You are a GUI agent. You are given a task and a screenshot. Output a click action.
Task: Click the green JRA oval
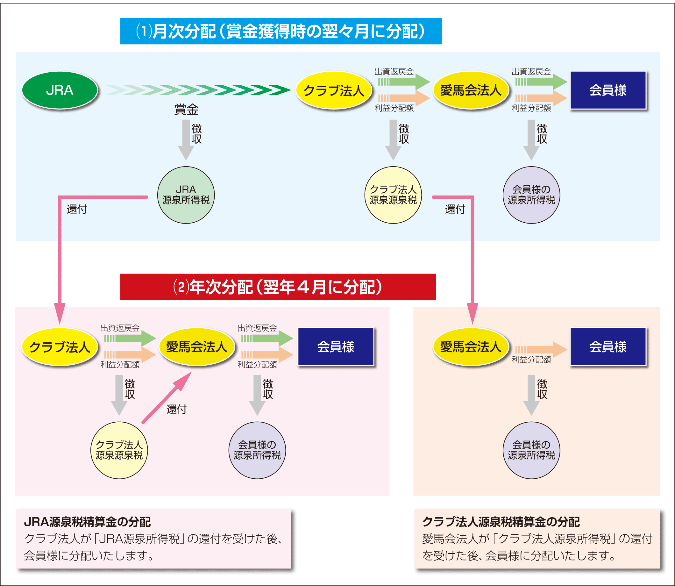pyautogui.click(x=60, y=90)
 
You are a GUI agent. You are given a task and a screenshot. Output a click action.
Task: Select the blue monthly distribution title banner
pyautogui.click(x=281, y=31)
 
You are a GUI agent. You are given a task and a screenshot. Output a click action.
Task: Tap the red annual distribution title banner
pyautogui.click(x=278, y=287)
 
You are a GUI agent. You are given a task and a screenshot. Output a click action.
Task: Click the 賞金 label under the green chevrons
pyautogui.click(x=186, y=110)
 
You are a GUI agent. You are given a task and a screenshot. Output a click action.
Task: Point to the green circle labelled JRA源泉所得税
pyautogui.click(x=186, y=195)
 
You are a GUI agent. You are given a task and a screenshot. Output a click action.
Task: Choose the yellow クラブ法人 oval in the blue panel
pyautogui.click(x=334, y=90)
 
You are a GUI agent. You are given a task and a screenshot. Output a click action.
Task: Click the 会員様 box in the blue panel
pyautogui.click(x=608, y=90)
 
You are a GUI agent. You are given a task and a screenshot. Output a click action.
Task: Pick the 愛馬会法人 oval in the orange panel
pyautogui.click(x=471, y=347)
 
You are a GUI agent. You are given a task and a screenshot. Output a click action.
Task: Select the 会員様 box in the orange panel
pyautogui.click(x=608, y=347)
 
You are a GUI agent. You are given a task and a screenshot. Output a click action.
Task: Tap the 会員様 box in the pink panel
pyautogui.click(x=336, y=347)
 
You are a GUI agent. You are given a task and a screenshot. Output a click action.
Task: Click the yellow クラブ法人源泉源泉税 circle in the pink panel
pyautogui.click(x=119, y=450)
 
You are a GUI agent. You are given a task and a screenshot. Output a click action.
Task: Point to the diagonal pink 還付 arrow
pyautogui.click(x=167, y=398)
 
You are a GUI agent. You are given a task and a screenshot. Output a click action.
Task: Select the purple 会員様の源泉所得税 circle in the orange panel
pyautogui.click(x=531, y=450)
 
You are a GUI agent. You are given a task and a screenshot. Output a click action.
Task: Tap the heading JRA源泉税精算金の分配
pyautogui.click(x=87, y=522)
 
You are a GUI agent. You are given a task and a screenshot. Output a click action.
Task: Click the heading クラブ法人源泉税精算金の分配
pyautogui.click(x=501, y=522)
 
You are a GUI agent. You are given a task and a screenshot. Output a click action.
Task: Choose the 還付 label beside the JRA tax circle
pyautogui.click(x=77, y=209)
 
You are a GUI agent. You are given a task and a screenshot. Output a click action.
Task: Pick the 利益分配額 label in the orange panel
pyautogui.click(x=531, y=360)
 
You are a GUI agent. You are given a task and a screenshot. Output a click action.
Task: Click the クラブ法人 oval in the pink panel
pyautogui.click(x=60, y=347)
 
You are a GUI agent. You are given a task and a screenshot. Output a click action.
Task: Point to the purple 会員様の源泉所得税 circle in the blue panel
pyautogui.click(x=531, y=195)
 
